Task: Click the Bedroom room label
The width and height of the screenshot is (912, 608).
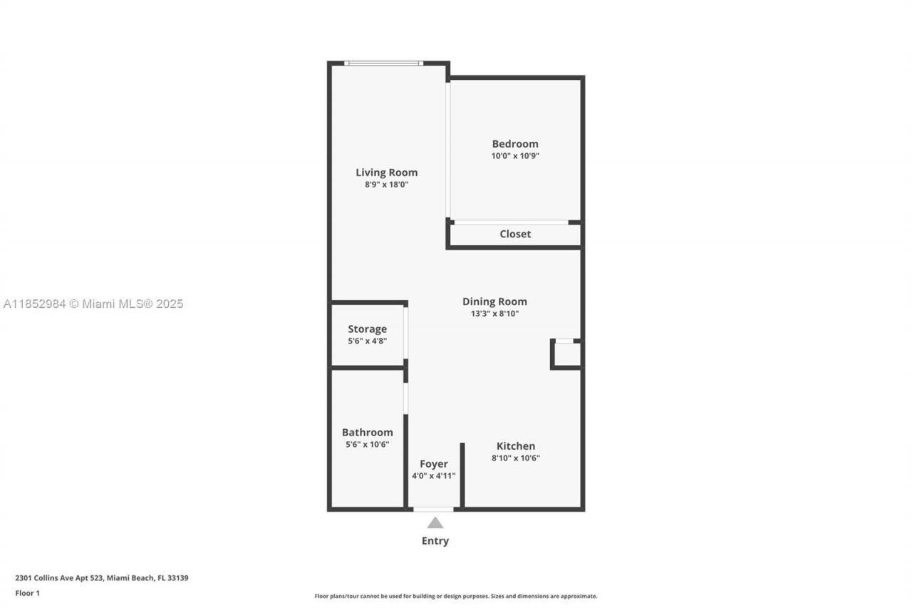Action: tap(514, 143)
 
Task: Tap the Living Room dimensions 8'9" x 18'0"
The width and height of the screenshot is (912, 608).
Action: tap(386, 185)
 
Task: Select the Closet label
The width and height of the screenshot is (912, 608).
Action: tap(514, 234)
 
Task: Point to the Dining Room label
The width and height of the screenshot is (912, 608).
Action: tap(494, 302)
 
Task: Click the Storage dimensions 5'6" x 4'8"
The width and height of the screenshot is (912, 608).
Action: tap(367, 341)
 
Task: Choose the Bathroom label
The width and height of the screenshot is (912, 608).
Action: tap(367, 432)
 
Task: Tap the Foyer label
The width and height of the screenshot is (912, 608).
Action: tap(433, 464)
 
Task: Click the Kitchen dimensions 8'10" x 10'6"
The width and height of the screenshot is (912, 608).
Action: tap(515, 458)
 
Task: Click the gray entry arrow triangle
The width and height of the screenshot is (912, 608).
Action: tap(435, 523)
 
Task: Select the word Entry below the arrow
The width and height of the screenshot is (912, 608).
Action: tap(435, 541)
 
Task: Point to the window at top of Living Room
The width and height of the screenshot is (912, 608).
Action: tap(383, 63)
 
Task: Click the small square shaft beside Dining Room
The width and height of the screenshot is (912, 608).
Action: tap(567, 354)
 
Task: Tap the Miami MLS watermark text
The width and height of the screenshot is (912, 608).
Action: tap(93, 304)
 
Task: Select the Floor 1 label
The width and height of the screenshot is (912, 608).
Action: tap(27, 593)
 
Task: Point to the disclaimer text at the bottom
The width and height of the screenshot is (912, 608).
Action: tap(456, 596)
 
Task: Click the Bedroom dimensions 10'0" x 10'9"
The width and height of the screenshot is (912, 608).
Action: tap(514, 155)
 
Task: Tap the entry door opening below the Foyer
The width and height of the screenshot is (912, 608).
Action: tap(433, 509)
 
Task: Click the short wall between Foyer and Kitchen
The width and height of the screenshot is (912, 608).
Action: tap(462, 475)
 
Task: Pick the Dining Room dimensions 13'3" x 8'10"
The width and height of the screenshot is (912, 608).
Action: tap(494, 314)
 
